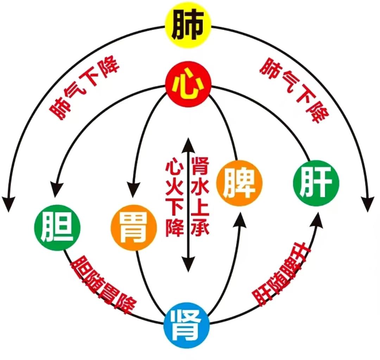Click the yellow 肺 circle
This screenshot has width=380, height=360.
[188, 25]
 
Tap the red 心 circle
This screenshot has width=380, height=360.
[188, 84]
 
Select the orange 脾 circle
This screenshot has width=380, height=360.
[239, 183]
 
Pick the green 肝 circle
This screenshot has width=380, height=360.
[316, 183]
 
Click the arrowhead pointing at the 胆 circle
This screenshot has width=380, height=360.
[56, 190]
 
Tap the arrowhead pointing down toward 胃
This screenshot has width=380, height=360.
[133, 190]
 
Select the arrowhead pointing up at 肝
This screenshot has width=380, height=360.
[317, 220]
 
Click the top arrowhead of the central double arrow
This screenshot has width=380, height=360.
[188, 145]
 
